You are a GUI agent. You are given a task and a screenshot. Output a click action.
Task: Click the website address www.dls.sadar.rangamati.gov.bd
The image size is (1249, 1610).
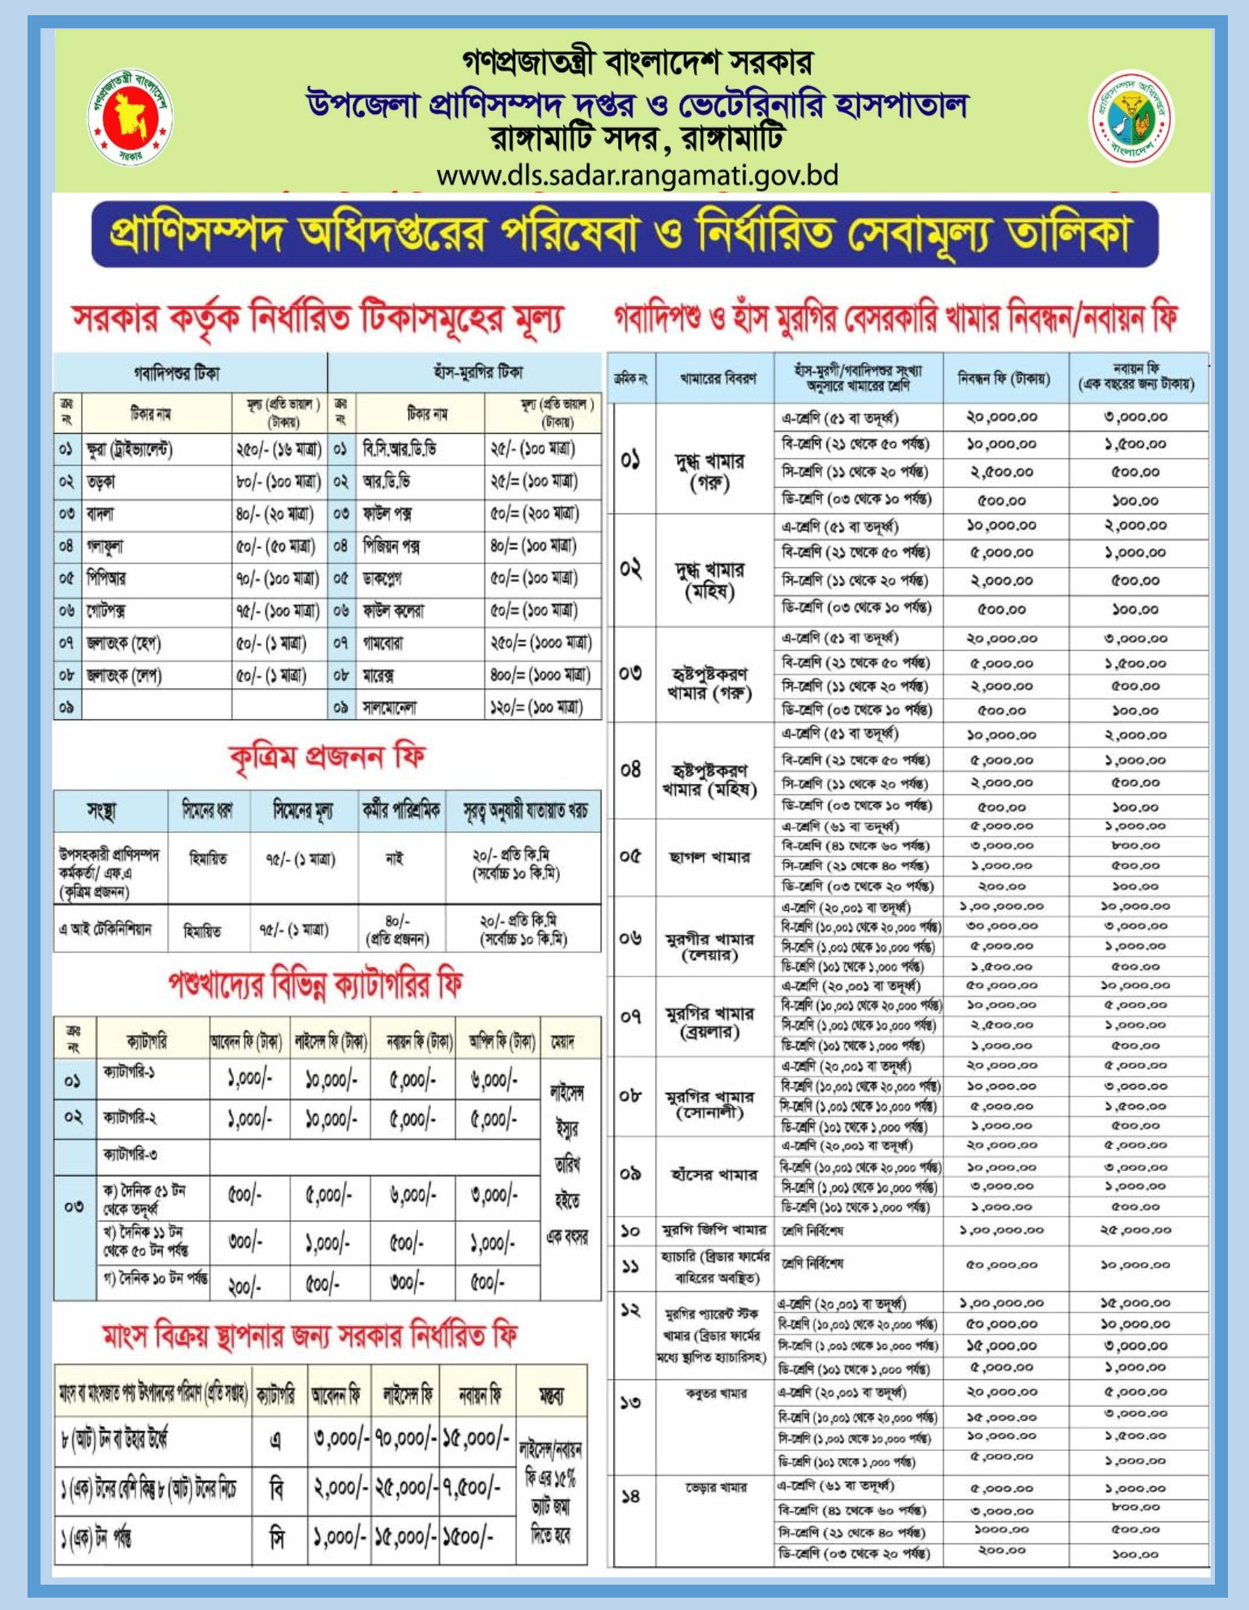[x=637, y=176]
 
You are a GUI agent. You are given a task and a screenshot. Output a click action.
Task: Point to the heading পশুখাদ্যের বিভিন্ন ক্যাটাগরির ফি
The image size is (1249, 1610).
[x=316, y=986]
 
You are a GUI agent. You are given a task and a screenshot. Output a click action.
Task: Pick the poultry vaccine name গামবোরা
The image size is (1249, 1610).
[x=383, y=644]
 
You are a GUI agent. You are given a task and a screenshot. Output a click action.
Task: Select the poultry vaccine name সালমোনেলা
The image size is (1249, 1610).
[x=389, y=708]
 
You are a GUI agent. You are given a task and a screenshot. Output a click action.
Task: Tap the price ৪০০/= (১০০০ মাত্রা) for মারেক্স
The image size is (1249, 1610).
[x=540, y=675]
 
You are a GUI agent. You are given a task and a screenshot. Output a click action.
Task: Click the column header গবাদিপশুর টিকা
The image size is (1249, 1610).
[x=177, y=373]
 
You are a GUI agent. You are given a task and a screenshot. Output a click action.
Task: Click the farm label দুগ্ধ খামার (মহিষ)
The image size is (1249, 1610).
[x=709, y=580]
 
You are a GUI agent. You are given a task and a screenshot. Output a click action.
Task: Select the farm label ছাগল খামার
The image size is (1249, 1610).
[x=709, y=858]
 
